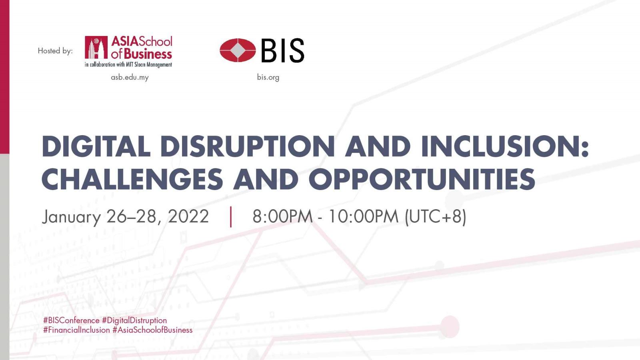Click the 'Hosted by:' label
point(55,51)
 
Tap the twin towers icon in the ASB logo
point(96,48)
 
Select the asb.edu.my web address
point(130,78)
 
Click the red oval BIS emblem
point(238,50)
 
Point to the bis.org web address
point(268,78)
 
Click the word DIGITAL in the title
point(96,146)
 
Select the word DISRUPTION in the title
point(248,146)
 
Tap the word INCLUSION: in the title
point(505,146)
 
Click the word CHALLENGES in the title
point(132,179)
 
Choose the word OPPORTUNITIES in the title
point(422,179)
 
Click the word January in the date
point(72,217)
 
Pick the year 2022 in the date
point(188,216)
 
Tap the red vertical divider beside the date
point(231,217)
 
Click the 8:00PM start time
point(282,216)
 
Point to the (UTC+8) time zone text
point(436,217)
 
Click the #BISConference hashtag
point(71,320)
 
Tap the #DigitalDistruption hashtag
point(134,320)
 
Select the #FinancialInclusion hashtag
point(76,330)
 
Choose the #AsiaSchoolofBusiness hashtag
point(152,330)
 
